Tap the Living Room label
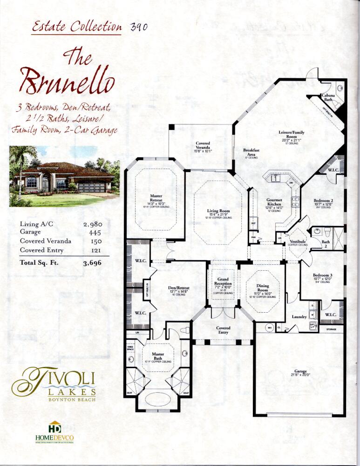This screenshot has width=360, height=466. click(218, 211)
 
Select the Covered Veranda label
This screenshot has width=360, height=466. click(203, 146)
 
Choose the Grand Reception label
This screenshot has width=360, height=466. click(223, 283)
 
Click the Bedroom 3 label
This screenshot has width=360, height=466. click(322, 275)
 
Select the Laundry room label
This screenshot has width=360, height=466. click(299, 317)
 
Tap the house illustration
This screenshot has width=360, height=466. click(64, 176)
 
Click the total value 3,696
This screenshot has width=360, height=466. click(92, 263)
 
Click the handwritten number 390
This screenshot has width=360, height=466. click(139, 27)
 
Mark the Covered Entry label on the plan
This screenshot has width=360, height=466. click(223, 330)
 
